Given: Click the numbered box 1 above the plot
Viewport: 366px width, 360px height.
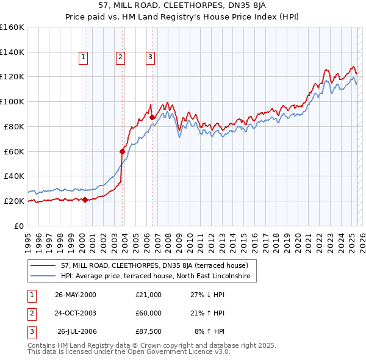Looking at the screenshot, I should tap(83, 58).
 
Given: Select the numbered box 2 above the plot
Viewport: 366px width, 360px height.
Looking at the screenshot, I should tap(121, 58).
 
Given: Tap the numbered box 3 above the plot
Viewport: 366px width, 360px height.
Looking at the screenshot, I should tap(150, 58).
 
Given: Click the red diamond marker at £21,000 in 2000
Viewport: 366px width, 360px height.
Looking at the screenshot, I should tap(85, 200).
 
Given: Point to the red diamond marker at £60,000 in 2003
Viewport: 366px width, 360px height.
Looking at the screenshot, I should tap(123, 151).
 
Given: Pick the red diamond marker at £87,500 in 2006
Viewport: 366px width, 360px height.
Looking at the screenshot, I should tap(152, 117).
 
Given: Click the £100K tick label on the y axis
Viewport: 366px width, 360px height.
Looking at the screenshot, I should tap(12, 101).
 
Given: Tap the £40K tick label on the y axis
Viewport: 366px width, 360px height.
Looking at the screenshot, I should tap(14, 176).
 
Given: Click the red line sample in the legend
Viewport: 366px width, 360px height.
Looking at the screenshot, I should tap(44, 265).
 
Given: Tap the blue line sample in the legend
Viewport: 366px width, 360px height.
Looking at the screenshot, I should tap(44, 276).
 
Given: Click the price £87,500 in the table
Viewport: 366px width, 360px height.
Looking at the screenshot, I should tap(149, 331).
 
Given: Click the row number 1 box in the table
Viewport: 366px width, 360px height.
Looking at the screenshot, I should tap(30, 295).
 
